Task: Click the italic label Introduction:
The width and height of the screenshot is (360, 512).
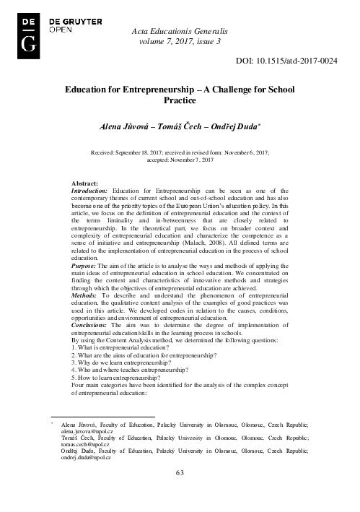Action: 90,191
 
